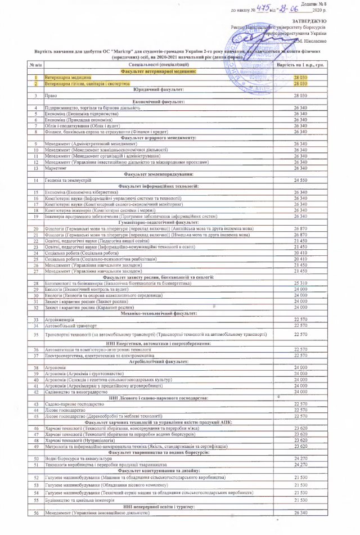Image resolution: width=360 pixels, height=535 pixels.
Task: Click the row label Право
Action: [50, 96]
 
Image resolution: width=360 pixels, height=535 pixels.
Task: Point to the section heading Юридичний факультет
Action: [159, 89]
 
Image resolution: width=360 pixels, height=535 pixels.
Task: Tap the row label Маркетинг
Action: [56, 168]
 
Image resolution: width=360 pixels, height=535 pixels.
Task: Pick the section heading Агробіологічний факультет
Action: [159, 361]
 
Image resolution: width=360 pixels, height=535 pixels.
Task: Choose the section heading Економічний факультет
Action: [159, 102]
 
